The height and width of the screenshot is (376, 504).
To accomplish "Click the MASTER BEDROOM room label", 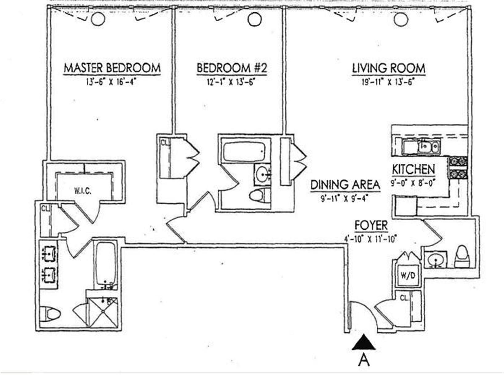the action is (112, 68).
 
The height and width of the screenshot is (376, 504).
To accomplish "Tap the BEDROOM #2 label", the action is (232, 68).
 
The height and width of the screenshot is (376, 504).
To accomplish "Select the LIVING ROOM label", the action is (389, 68).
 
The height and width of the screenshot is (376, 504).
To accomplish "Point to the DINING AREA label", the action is (345, 185).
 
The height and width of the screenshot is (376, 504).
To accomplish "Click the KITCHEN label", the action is (413, 169).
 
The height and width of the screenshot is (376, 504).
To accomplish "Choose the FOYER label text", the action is (371, 226).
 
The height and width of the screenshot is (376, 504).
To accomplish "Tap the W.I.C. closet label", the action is (82, 191).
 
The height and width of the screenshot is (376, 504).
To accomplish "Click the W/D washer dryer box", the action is (408, 276).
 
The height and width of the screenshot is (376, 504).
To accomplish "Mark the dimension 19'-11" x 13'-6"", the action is (388, 82).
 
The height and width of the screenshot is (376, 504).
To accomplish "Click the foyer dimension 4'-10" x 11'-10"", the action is (371, 239).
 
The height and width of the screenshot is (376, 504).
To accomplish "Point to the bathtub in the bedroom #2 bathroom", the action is (244, 151).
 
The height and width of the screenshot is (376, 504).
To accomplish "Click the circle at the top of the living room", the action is (401, 20).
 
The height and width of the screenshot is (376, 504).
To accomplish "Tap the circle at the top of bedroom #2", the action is (254, 19).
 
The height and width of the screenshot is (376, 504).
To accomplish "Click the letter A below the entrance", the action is (364, 360).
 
